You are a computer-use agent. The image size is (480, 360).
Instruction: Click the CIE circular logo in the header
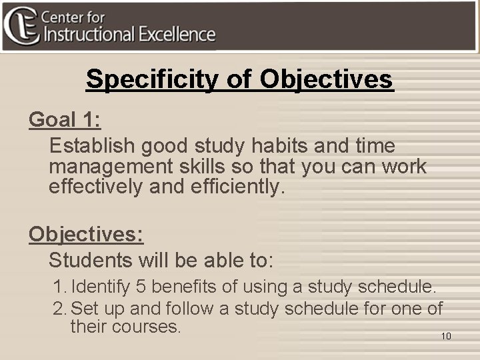click(21, 25)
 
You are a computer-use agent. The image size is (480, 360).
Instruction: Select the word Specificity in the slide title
click(150, 79)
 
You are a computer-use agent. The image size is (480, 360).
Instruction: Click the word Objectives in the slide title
click(327, 79)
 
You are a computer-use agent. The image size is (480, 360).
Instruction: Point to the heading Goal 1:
click(65, 120)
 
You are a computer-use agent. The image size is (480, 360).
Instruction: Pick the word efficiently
click(233, 186)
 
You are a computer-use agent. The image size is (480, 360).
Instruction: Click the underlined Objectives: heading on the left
click(86, 234)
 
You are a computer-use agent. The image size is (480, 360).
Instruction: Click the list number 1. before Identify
click(60, 287)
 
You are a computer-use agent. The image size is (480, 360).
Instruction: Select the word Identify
click(100, 287)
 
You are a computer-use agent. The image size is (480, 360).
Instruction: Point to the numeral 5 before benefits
click(141, 287)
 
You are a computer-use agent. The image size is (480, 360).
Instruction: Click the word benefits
click(183, 287)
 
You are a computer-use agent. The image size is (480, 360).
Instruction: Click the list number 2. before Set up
click(60, 309)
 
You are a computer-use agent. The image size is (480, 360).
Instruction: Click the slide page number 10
click(446, 336)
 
